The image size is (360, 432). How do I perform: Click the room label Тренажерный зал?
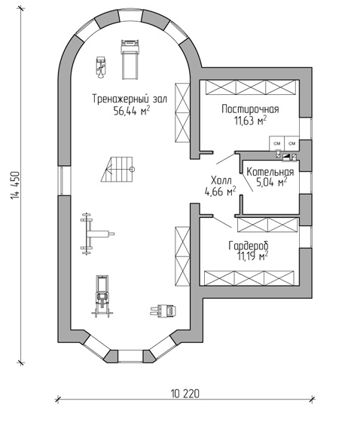130,99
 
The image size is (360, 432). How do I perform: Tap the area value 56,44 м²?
132,111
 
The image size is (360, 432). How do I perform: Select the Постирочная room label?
250,109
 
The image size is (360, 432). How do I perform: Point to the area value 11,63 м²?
250,121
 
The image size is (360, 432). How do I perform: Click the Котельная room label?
270,172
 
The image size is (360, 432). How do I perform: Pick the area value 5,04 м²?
272,182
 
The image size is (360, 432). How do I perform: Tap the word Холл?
221,181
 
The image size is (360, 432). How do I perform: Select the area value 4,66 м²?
220,191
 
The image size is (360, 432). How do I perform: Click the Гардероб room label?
249,246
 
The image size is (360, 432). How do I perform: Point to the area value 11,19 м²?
252,256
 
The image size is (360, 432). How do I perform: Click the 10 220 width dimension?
185,394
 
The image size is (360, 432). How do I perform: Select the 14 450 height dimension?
15,185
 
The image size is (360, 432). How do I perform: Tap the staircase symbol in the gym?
117,170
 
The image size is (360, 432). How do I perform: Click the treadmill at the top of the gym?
130,60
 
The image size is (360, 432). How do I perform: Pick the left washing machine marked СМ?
277,143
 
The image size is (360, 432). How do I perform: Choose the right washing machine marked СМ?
291,143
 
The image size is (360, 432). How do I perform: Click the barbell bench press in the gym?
97,234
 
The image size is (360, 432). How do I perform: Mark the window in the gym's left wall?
64,180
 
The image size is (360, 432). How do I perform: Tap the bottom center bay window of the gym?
131,356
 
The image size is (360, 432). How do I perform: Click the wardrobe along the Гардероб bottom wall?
249,278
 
